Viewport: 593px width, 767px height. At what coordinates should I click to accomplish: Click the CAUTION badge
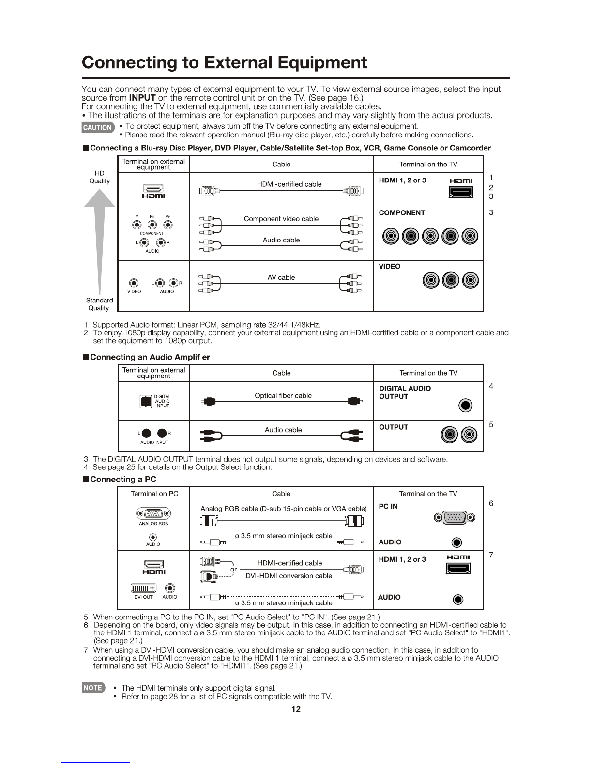click(98, 127)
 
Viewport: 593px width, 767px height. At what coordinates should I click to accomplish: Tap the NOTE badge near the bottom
click(93, 688)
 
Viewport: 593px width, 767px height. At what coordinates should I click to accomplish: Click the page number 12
click(296, 709)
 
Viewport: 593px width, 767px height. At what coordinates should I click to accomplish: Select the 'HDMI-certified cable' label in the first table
click(289, 184)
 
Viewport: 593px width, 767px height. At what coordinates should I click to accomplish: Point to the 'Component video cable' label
click(281, 219)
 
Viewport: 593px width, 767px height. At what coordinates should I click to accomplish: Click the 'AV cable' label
click(281, 277)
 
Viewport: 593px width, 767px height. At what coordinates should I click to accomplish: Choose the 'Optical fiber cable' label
click(283, 396)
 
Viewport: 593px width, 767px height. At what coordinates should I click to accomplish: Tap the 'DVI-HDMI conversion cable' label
click(289, 576)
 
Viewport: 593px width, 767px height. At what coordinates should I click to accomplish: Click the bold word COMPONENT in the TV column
click(402, 213)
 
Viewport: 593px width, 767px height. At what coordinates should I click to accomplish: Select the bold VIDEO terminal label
click(390, 267)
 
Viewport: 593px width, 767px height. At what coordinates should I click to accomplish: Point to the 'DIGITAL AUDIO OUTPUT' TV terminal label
click(405, 392)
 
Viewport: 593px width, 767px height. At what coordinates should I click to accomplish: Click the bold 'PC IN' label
click(388, 507)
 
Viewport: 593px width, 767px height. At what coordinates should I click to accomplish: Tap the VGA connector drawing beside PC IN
click(454, 517)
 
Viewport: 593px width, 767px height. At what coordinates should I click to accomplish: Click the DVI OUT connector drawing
click(143, 588)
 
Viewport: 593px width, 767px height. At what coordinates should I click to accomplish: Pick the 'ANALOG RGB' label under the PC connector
click(153, 524)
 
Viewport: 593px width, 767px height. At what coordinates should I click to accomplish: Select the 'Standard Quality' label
click(99, 304)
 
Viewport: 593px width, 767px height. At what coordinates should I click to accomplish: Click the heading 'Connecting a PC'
click(123, 480)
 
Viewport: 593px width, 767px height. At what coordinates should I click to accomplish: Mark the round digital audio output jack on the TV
click(465, 406)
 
